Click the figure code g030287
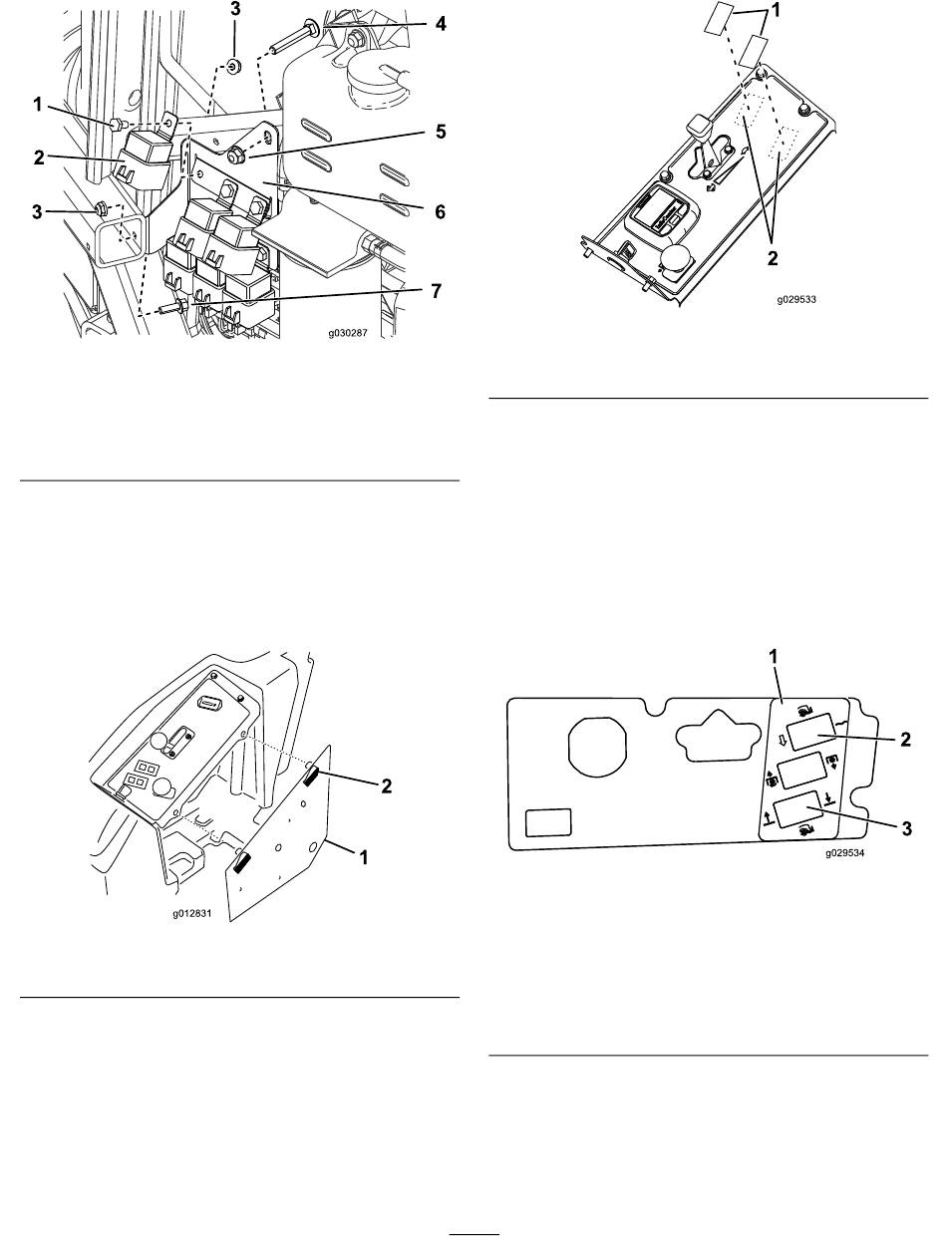coord(348,333)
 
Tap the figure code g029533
coord(796,300)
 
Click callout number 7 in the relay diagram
coord(436,291)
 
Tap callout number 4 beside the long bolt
coord(441,24)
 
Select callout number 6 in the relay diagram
coord(440,212)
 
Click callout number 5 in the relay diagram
coord(441,132)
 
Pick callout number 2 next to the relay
coord(39,157)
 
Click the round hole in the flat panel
coord(597,745)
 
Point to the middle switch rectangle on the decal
coord(801,772)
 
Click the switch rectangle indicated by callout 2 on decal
coord(811,732)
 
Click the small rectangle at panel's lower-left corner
coord(548,823)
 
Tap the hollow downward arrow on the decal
coord(782,740)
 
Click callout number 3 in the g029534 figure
coord(906,828)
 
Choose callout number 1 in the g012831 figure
coord(364,857)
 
